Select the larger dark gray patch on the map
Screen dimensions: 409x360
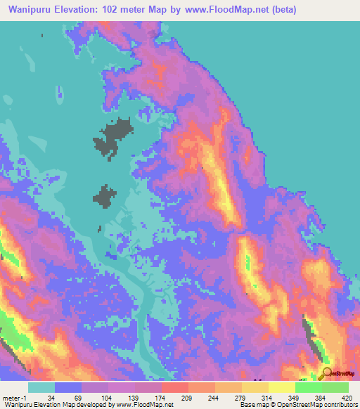point(114,137)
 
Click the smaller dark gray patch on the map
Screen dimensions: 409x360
point(105,196)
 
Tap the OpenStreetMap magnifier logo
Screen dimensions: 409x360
point(327,375)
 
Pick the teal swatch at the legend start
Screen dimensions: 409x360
point(41,387)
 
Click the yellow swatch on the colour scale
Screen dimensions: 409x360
point(281,387)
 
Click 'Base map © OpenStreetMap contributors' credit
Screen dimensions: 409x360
point(298,405)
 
